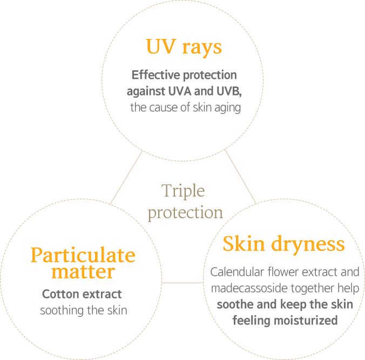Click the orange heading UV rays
click(184, 47)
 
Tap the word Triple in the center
click(183, 191)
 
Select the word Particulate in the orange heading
click(83, 255)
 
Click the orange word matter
click(83, 271)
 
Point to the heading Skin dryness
click(283, 244)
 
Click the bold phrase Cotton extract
click(82, 294)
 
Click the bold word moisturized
click(306, 321)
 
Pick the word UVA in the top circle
click(180, 91)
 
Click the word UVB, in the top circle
click(229, 91)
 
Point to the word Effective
click(156, 75)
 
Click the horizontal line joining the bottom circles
click(182, 283)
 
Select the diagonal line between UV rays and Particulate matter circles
click(126, 178)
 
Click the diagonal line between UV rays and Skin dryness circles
click(240, 177)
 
